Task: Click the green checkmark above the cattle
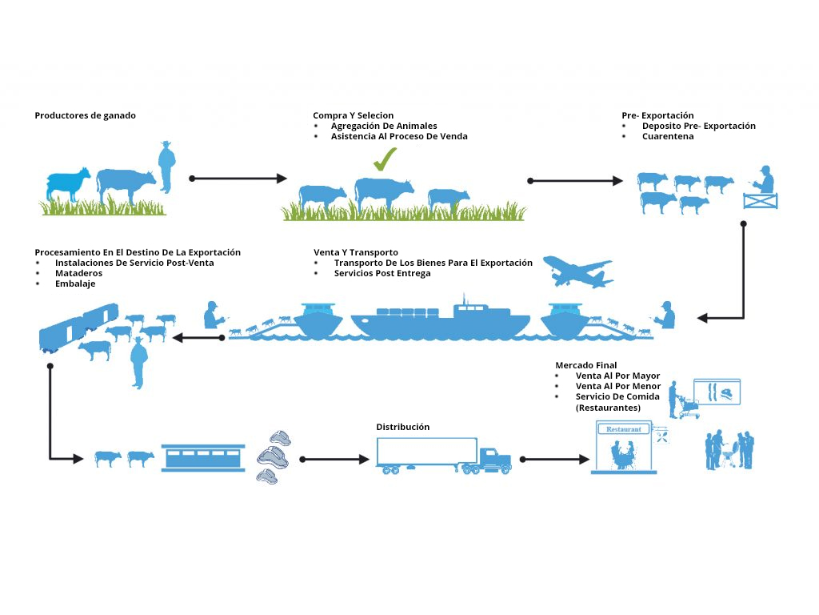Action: click(x=385, y=159)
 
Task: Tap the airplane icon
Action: click(x=577, y=272)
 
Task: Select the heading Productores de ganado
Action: click(x=86, y=115)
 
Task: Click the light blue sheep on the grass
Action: click(x=68, y=184)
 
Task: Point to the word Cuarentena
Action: click(x=668, y=136)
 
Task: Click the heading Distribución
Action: click(x=403, y=427)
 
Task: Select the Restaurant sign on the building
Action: click(x=624, y=429)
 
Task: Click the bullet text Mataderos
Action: click(x=78, y=273)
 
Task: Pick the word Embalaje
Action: click(x=76, y=283)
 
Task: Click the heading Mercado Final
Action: click(x=586, y=365)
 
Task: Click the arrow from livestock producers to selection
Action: click(x=238, y=178)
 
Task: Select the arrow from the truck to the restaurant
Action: click(x=554, y=460)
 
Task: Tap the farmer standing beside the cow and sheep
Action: click(x=166, y=167)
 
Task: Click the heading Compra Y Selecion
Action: click(x=353, y=115)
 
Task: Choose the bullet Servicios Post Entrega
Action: click(x=382, y=273)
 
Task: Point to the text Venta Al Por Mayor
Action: click(x=617, y=376)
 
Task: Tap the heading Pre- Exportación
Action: click(x=657, y=115)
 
